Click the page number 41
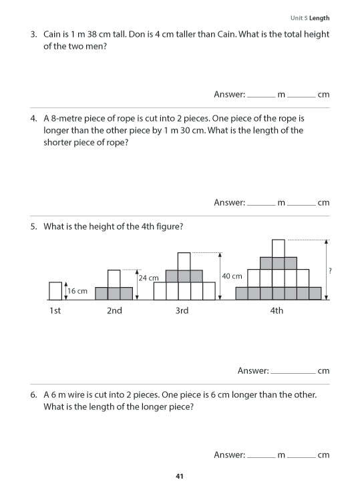point(179,476)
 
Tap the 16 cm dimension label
point(77,291)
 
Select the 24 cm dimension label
point(148,278)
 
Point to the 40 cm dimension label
point(232,276)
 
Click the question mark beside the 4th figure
point(331,270)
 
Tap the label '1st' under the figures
point(55,310)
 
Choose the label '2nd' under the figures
point(114,310)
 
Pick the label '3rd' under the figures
point(182,310)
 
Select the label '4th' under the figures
point(277,310)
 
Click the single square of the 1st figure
point(55,290)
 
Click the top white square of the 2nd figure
point(114,278)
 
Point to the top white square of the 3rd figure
point(184,261)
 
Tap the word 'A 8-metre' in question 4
point(63,118)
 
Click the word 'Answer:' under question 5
point(253,371)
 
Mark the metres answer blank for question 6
point(261,455)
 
